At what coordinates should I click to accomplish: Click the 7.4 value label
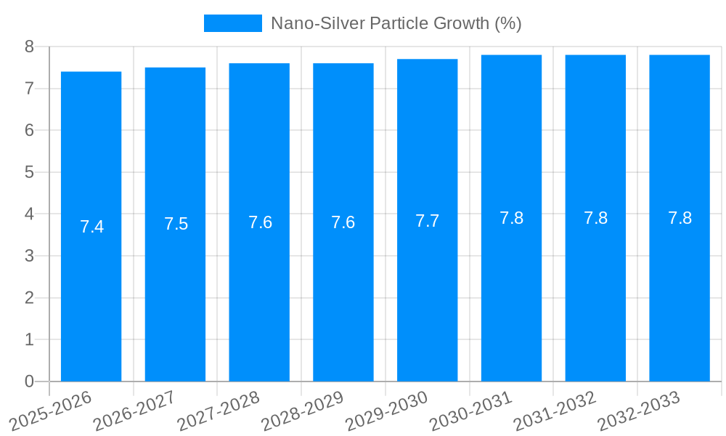coord(91,227)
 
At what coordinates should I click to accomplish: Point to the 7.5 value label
coord(176,224)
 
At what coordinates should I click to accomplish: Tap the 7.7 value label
coord(427,221)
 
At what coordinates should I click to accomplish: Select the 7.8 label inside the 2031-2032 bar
coord(595,218)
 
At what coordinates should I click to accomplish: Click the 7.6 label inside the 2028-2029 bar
coord(343,222)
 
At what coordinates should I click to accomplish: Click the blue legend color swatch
coord(232,23)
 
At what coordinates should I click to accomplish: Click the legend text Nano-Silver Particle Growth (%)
coord(396,23)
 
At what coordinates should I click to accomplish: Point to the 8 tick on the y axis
coord(29,47)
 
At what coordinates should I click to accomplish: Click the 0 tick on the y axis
coord(29,381)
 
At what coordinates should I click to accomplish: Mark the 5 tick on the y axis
coord(29,172)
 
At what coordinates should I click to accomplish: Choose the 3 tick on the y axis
coord(29,256)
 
